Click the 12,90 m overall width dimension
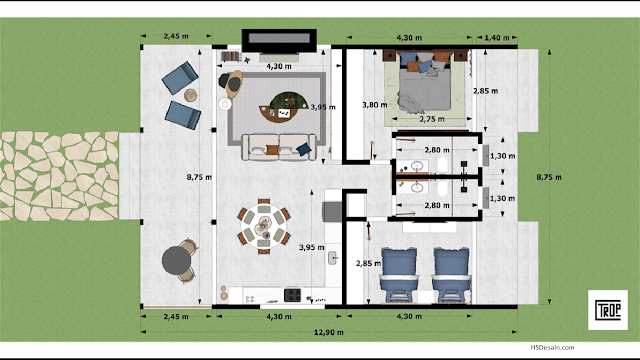[x=329, y=332]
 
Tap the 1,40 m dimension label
[x=497, y=38]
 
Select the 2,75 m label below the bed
[x=432, y=119]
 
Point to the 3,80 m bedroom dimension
[x=374, y=105]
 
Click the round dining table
[x=264, y=226]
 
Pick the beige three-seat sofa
[x=279, y=147]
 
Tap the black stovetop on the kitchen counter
[x=292, y=295]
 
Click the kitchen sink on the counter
[x=333, y=258]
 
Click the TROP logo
[x=608, y=310]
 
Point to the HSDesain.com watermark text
[x=552, y=347]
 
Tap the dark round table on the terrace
[x=176, y=260]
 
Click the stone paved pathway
[x=59, y=176]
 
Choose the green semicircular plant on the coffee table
[x=289, y=100]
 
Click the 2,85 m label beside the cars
[x=368, y=264]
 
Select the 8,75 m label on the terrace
[x=199, y=177]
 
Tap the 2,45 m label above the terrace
[x=176, y=36]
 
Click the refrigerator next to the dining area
[x=332, y=211]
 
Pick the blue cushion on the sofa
[x=304, y=149]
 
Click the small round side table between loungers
[x=191, y=95]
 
